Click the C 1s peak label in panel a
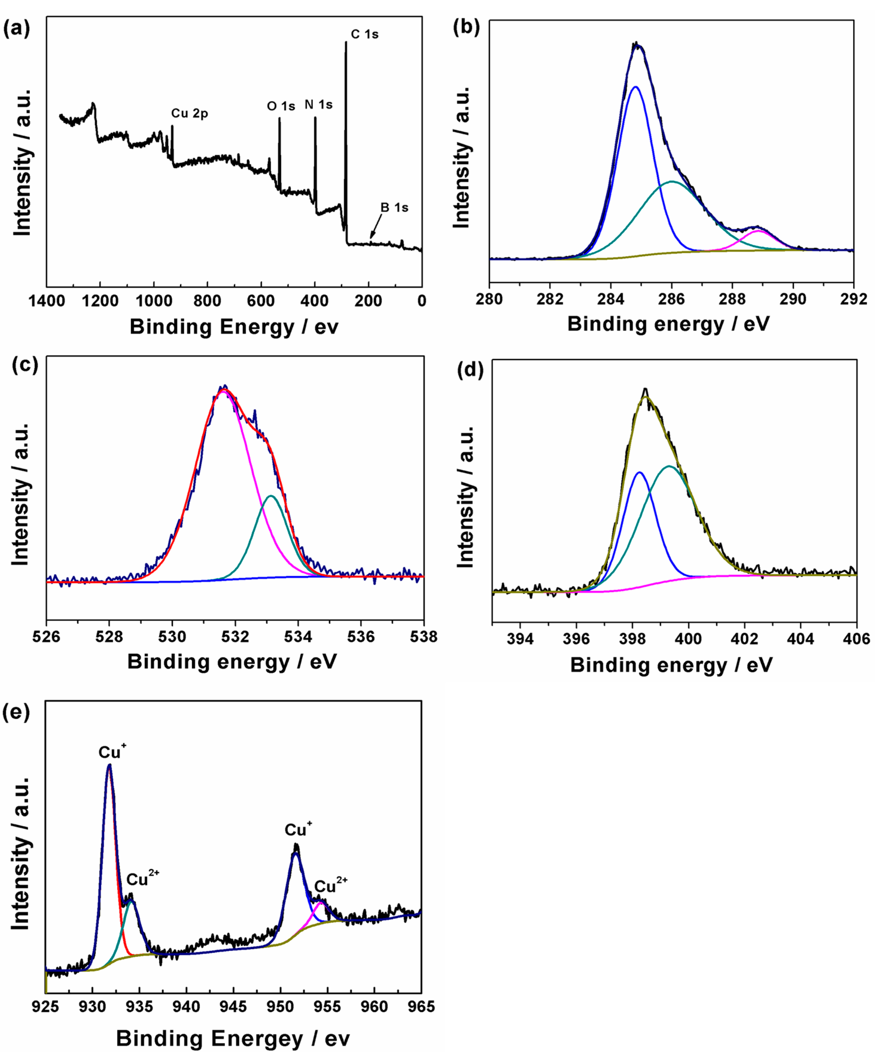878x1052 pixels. click(x=365, y=34)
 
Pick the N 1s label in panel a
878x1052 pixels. click(x=318, y=105)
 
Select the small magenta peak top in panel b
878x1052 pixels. click(x=758, y=231)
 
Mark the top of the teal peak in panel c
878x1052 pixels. click(x=271, y=496)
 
